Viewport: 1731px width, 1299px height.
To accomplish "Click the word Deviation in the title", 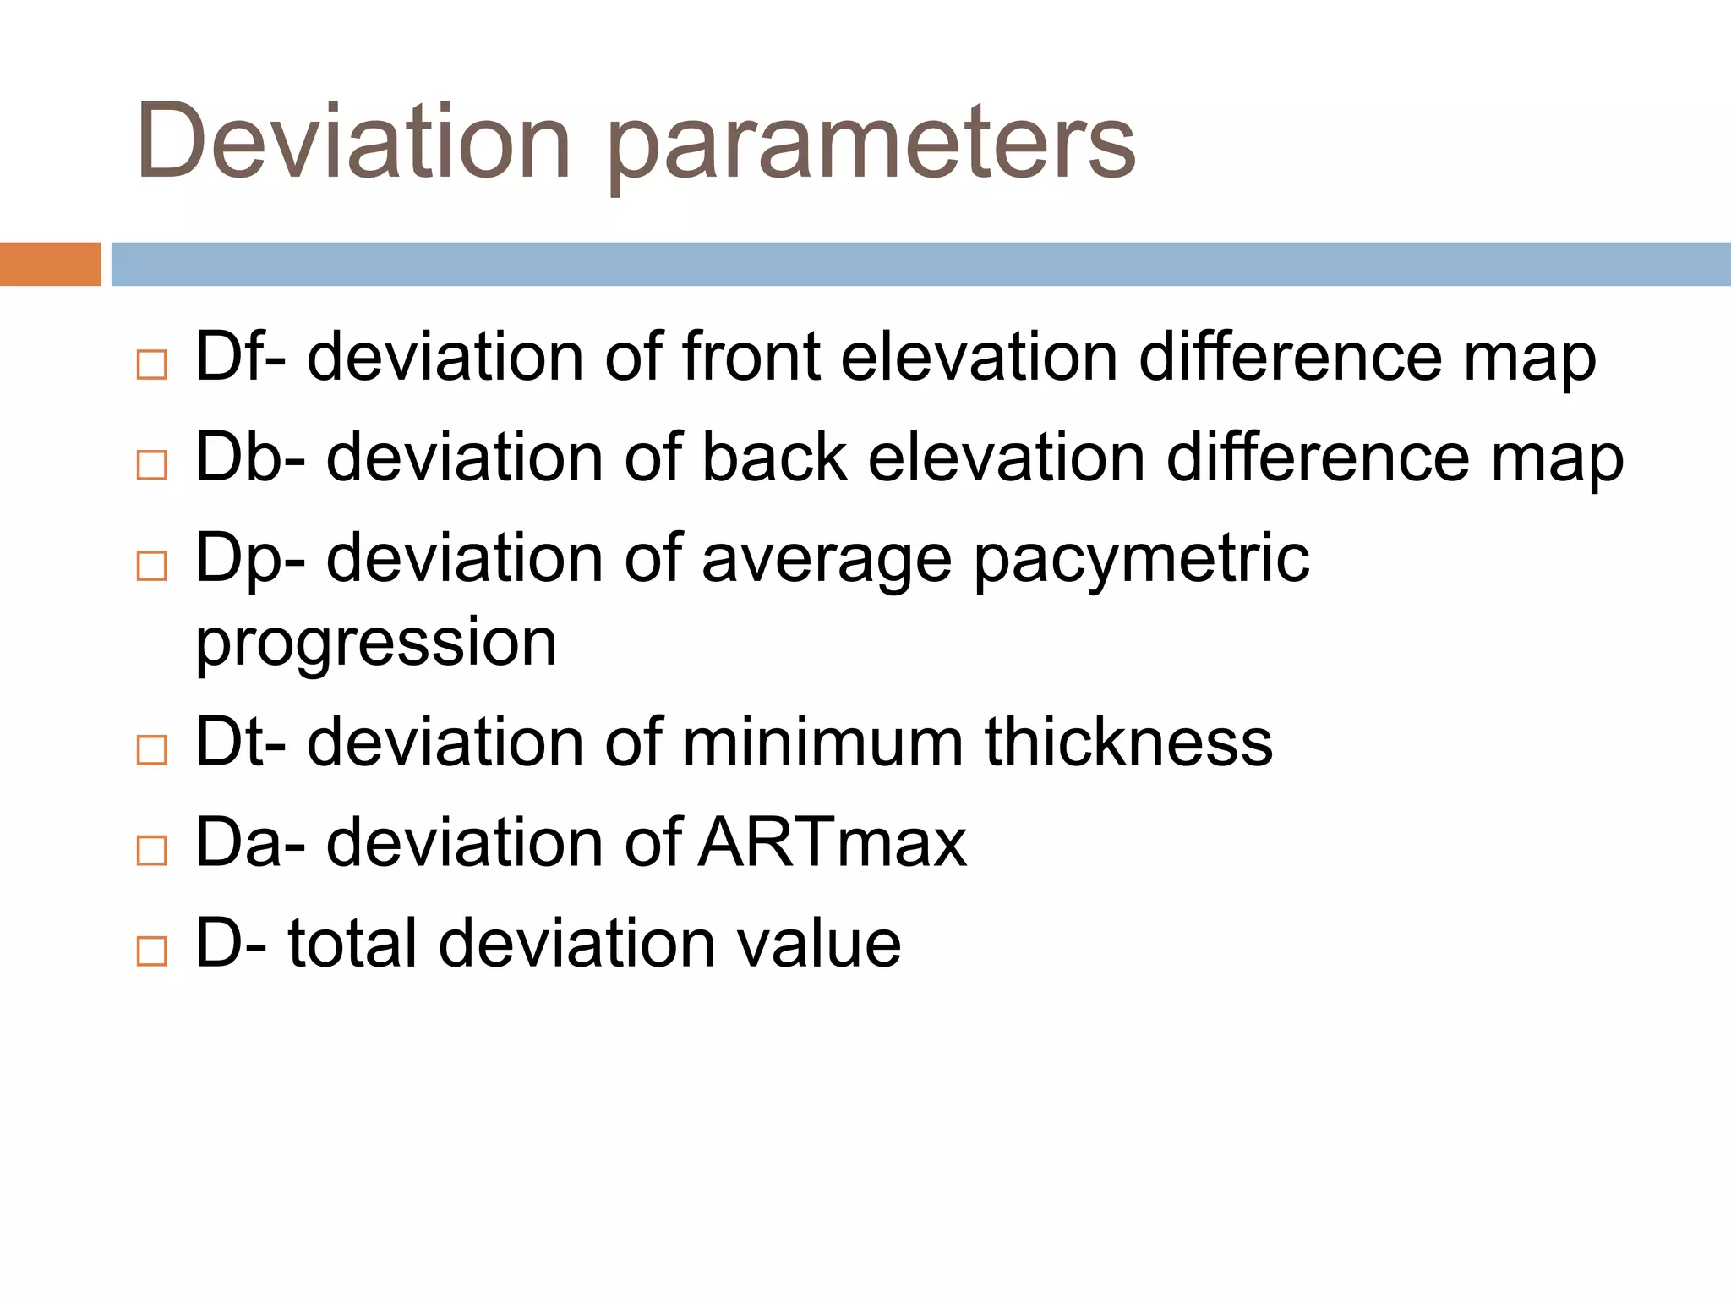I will click(x=353, y=142).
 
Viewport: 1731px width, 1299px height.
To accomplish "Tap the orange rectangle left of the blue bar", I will click(x=50, y=264).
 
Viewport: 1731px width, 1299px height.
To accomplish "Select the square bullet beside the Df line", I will click(x=152, y=364).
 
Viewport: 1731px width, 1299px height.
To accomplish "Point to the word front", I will click(x=751, y=357).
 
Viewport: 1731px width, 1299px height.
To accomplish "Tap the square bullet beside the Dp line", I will click(x=152, y=566).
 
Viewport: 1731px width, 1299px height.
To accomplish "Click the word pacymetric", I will click(x=1141, y=560).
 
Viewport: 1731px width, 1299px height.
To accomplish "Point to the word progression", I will click(x=376, y=643).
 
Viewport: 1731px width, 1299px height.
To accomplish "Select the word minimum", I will click(x=822, y=743).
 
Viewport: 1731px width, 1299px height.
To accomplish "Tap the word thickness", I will click(x=1128, y=743).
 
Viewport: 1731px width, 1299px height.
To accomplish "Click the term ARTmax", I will click(x=833, y=842).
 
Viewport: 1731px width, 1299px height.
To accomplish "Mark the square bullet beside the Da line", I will click(x=152, y=850).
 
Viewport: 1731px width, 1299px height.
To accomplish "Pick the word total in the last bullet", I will click(x=352, y=943).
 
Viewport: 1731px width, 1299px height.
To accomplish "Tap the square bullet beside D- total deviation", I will click(x=152, y=951).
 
